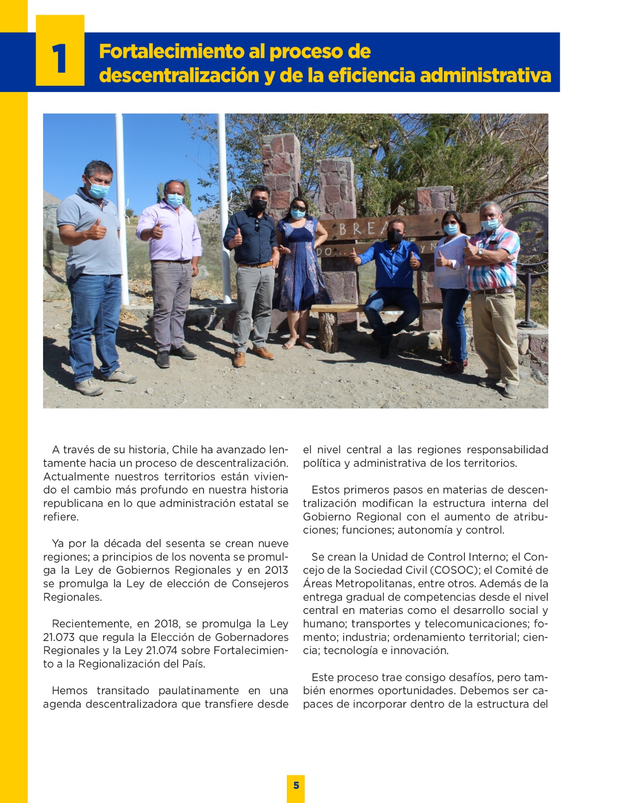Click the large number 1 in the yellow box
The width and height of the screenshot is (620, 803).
(x=59, y=59)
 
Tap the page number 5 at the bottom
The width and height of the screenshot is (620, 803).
(x=296, y=785)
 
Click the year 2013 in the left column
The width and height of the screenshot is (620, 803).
(x=276, y=570)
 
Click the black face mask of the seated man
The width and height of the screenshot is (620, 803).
(x=395, y=236)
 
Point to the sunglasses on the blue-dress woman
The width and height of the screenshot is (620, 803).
(x=298, y=208)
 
